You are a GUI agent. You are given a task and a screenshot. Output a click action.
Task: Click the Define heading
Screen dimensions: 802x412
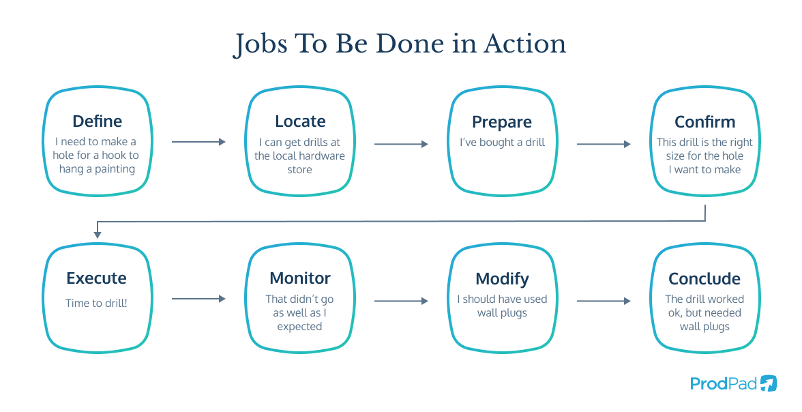coord(97,121)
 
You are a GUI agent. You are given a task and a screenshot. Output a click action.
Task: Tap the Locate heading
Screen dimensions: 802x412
coord(300,121)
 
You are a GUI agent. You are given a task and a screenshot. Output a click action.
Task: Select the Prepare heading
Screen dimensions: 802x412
coord(502,122)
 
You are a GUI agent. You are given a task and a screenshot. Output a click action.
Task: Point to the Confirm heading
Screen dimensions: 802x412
coord(705,122)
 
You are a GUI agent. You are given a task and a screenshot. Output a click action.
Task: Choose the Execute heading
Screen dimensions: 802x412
coord(97,278)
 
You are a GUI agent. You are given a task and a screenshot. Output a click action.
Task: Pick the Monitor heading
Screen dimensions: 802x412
coord(300,278)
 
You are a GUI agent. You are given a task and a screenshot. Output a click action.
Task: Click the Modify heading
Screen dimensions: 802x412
coord(502,279)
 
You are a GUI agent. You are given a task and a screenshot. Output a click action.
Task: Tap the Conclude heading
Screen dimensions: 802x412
coord(704,278)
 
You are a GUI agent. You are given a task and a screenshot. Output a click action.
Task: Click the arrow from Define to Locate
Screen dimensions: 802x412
coord(198,142)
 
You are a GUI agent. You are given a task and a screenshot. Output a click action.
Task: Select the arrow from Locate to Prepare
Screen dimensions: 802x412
coord(401,145)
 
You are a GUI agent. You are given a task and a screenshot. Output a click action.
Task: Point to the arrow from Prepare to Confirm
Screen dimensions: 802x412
coord(604,145)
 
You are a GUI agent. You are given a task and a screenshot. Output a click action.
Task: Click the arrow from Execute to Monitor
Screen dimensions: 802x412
coord(198,298)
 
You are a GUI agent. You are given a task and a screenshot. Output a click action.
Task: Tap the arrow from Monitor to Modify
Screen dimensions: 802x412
coord(401,301)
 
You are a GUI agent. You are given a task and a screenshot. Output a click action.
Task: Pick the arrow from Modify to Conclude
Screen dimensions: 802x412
coord(604,301)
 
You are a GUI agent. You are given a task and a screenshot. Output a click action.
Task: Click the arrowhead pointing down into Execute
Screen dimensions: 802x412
coord(97,235)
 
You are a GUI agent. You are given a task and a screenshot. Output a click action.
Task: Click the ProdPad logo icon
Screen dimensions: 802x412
coord(768,383)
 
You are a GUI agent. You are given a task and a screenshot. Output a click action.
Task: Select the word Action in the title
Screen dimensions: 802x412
coord(525,44)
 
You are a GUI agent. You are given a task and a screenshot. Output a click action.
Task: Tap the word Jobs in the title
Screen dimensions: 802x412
coord(261,45)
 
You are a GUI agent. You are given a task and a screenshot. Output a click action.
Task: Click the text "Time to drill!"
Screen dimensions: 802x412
coord(97,303)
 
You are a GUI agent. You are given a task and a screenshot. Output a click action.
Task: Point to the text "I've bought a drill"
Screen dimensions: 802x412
coord(502,143)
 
